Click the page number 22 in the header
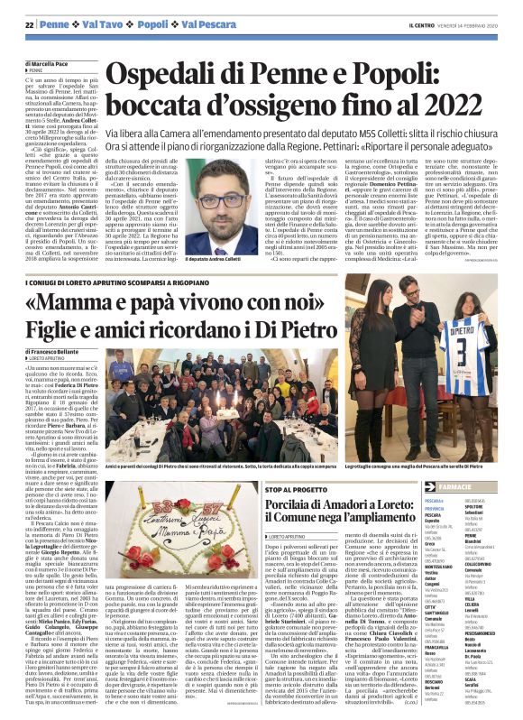point(30,23)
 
